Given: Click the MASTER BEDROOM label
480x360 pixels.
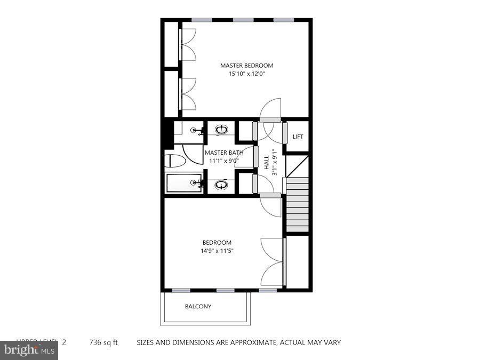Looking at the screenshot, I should tap(243, 66).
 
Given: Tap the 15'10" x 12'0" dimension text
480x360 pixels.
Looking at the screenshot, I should tap(243, 74).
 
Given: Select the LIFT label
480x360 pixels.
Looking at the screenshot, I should tap(298, 137).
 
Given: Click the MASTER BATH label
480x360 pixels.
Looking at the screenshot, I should tap(224, 153).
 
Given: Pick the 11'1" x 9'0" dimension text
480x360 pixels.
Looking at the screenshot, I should tap(224, 161).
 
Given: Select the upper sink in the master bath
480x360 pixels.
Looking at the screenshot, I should tap(221, 129).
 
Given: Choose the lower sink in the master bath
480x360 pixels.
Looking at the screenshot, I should tap(221, 185).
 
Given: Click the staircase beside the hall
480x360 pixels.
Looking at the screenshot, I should tap(298, 205).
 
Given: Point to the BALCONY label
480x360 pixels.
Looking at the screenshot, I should tap(198, 307).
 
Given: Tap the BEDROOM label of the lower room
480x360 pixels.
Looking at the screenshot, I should tap(217, 243).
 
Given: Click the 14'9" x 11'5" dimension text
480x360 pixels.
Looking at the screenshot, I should tap(217, 251).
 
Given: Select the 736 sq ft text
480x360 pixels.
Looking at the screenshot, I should tap(103, 342).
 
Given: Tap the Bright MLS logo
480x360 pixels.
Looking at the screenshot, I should tap(29, 350).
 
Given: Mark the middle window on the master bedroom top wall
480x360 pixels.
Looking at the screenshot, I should tap(243, 20).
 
